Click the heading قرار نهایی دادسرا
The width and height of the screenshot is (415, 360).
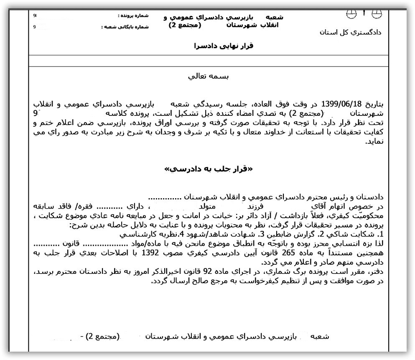pyautogui.click(x=224, y=46)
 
